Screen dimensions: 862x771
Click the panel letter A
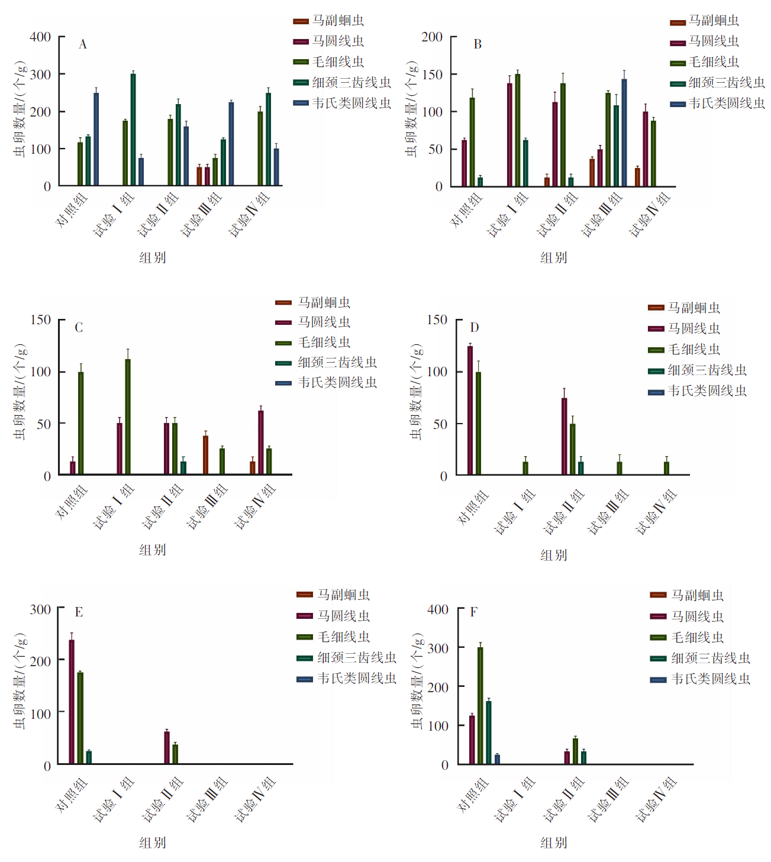coord(83,44)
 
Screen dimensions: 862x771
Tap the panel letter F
coord(473,612)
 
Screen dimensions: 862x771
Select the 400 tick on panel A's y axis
coord(40,37)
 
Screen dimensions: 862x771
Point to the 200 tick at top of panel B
coord(432,37)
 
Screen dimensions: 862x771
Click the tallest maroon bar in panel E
coord(72,702)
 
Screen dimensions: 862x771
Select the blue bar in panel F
coord(497,759)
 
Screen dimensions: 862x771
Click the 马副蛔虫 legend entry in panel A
coord(338,21)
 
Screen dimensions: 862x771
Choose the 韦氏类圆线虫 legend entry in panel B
coord(727,104)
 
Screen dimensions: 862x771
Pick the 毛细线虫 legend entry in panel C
coord(324,343)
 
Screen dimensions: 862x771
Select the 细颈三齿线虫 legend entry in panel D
coord(707,370)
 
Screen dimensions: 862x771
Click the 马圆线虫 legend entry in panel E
coord(343,616)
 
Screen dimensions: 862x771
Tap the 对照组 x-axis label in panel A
coord(72,209)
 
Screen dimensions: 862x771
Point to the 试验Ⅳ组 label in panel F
coord(656,800)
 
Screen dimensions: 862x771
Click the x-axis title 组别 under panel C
coord(153,550)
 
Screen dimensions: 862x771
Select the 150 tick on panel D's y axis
coord(437,320)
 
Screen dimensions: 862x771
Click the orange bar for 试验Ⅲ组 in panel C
coord(205,455)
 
